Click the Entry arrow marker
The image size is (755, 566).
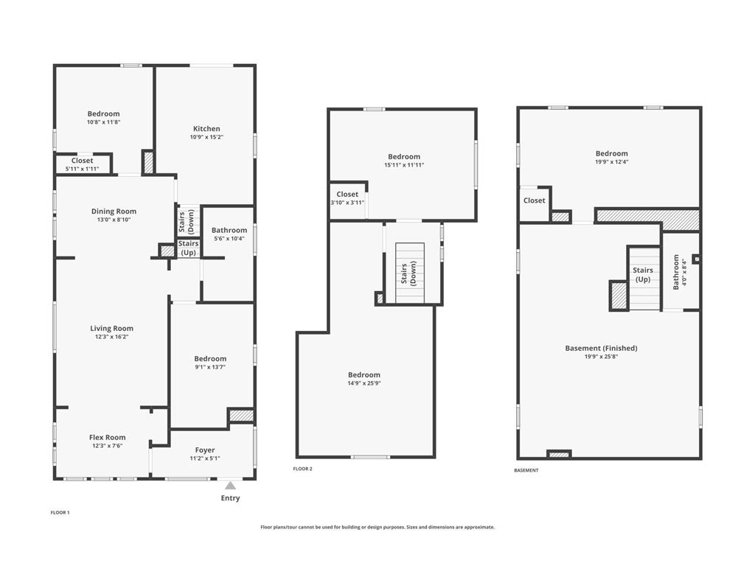pyautogui.click(x=230, y=486)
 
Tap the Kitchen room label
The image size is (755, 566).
pyautogui.click(x=206, y=129)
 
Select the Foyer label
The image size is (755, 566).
pyautogui.click(x=205, y=450)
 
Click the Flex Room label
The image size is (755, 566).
pyautogui.click(x=108, y=437)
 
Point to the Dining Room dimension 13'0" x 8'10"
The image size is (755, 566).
pyautogui.click(x=114, y=220)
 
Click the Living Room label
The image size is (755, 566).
pyautogui.click(x=112, y=329)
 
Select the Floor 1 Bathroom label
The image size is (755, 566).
pyautogui.click(x=229, y=231)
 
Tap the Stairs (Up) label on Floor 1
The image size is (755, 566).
pyautogui.click(x=189, y=248)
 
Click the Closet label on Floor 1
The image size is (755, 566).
pyautogui.click(x=83, y=161)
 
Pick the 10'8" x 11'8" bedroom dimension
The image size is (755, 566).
pyautogui.click(x=103, y=122)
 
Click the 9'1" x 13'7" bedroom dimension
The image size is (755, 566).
pyautogui.click(x=210, y=367)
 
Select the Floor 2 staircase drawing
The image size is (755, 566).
pyautogui.click(x=411, y=273)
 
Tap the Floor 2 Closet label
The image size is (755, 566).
pyautogui.click(x=347, y=195)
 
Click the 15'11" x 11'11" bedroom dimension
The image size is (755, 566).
pyautogui.click(x=404, y=165)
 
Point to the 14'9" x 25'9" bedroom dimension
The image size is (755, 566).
pyautogui.click(x=364, y=383)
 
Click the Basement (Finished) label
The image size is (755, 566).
pyautogui.click(x=601, y=349)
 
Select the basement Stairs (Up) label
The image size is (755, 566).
pyautogui.click(x=643, y=275)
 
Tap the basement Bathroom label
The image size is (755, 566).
pyautogui.click(x=676, y=272)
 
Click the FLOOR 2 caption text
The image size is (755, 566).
pyautogui.click(x=303, y=469)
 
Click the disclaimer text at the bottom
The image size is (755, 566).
pyautogui.click(x=377, y=527)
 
